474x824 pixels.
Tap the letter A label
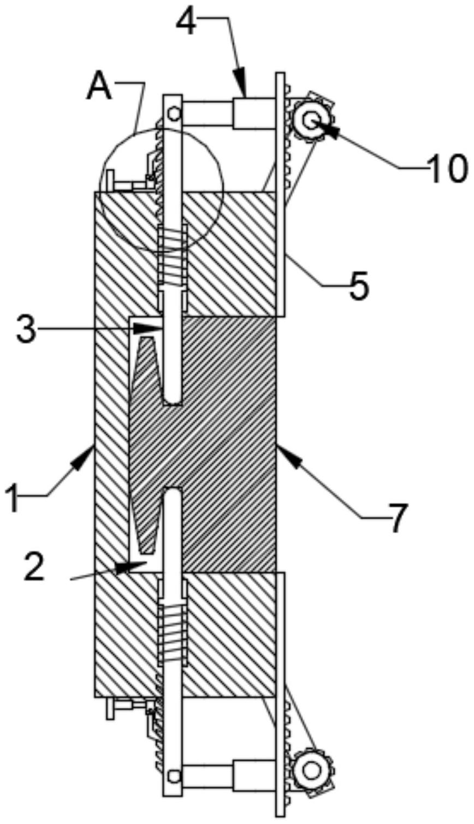click(x=100, y=88)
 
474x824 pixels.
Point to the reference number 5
click(x=359, y=284)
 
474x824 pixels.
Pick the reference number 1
click(x=14, y=498)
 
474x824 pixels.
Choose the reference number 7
click(x=397, y=518)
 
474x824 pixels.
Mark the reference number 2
click(x=34, y=566)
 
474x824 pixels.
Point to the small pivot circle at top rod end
click(x=174, y=114)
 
